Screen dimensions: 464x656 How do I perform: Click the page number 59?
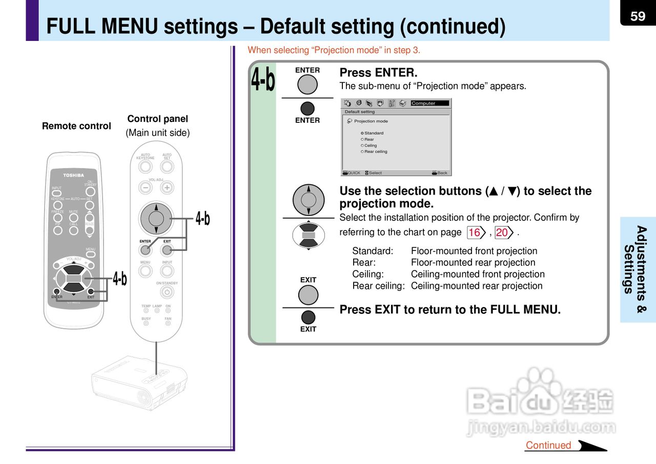(x=638, y=16)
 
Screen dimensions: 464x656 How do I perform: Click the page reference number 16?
(x=475, y=233)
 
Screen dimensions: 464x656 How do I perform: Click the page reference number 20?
(x=502, y=233)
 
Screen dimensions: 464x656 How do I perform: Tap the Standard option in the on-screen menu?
(x=373, y=133)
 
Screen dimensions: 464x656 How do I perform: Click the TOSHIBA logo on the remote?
(x=74, y=175)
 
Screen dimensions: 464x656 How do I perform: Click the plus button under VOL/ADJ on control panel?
(x=167, y=187)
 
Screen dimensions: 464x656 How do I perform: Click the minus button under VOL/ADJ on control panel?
(x=146, y=187)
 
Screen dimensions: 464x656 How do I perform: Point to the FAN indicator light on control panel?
(x=168, y=323)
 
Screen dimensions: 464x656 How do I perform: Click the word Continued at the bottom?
(x=548, y=445)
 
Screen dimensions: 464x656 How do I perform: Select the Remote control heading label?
(x=76, y=126)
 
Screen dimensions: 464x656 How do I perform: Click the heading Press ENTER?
(x=378, y=73)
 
